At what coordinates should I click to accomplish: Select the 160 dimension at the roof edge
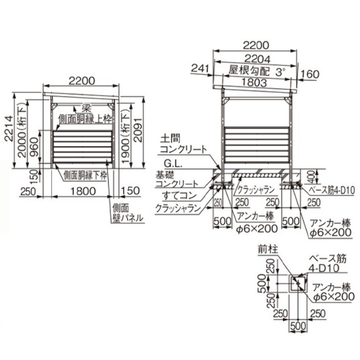click(310, 73)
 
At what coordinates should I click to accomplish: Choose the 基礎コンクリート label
click(176, 180)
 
